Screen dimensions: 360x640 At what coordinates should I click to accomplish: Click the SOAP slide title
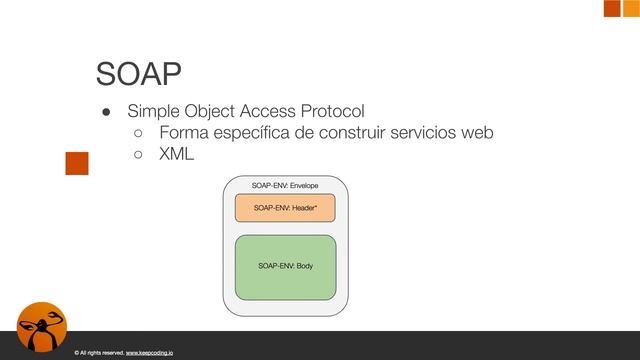pos(138,74)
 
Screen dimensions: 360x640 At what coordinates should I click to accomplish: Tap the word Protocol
pos(328,110)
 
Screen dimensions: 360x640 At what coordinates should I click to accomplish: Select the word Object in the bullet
pos(214,110)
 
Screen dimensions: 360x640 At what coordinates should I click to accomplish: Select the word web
pos(479,133)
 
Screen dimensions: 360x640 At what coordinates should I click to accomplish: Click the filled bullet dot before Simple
pos(103,111)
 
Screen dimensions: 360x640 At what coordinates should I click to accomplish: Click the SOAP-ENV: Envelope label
pos(285,186)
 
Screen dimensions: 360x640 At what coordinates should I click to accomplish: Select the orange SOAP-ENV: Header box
pos(285,208)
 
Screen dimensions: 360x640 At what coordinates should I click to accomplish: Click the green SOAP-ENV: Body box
pos(285,267)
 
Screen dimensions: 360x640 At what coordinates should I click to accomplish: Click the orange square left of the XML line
pos(77,163)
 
